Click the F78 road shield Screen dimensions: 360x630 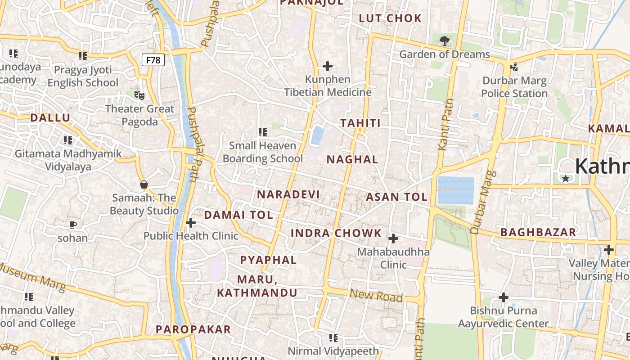(x=153, y=60)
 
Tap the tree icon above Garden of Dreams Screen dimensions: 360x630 (x=445, y=41)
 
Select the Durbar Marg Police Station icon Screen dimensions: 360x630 (x=514, y=67)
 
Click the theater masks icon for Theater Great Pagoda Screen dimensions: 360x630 (x=139, y=95)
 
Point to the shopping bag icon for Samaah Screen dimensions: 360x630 (x=144, y=184)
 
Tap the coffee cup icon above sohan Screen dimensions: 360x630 (x=73, y=224)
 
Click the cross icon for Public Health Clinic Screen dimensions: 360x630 (x=191, y=222)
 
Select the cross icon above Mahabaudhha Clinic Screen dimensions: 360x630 (x=393, y=238)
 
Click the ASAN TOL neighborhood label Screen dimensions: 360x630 (x=396, y=197)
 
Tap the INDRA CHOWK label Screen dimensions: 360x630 (x=336, y=233)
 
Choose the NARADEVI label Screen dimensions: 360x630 (x=288, y=194)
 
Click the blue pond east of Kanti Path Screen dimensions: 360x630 (x=455, y=190)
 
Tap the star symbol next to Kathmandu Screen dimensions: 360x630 (x=566, y=178)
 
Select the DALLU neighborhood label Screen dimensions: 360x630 (x=50, y=118)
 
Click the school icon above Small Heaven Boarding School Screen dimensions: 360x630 (x=263, y=132)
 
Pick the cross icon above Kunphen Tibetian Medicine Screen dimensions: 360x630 (x=328, y=66)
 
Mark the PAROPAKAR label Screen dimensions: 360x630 (x=193, y=329)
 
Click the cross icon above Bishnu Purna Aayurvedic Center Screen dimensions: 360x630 (x=504, y=297)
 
